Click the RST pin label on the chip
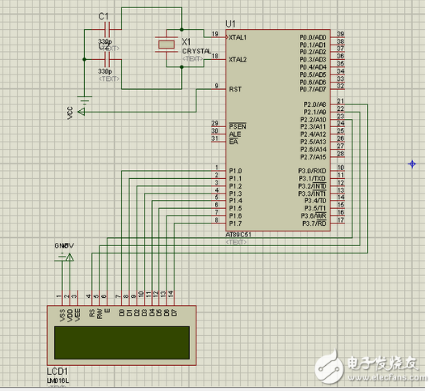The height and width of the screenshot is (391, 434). [235, 89]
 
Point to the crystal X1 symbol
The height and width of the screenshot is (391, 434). [166, 45]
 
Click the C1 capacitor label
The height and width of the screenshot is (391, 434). [103, 16]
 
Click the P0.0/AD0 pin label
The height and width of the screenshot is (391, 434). [313, 37]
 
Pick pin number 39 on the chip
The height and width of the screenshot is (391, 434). [340, 34]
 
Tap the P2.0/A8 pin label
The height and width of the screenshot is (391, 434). [314, 104]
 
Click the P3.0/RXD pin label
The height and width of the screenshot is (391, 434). [312, 171]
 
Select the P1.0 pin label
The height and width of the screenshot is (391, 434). [236, 171]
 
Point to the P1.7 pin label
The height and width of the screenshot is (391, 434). [236, 223]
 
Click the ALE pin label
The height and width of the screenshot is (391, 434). [236, 134]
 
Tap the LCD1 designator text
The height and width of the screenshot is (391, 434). [57, 371]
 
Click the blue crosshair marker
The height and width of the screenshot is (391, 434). [412, 164]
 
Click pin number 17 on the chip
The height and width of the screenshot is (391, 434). [340, 219]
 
